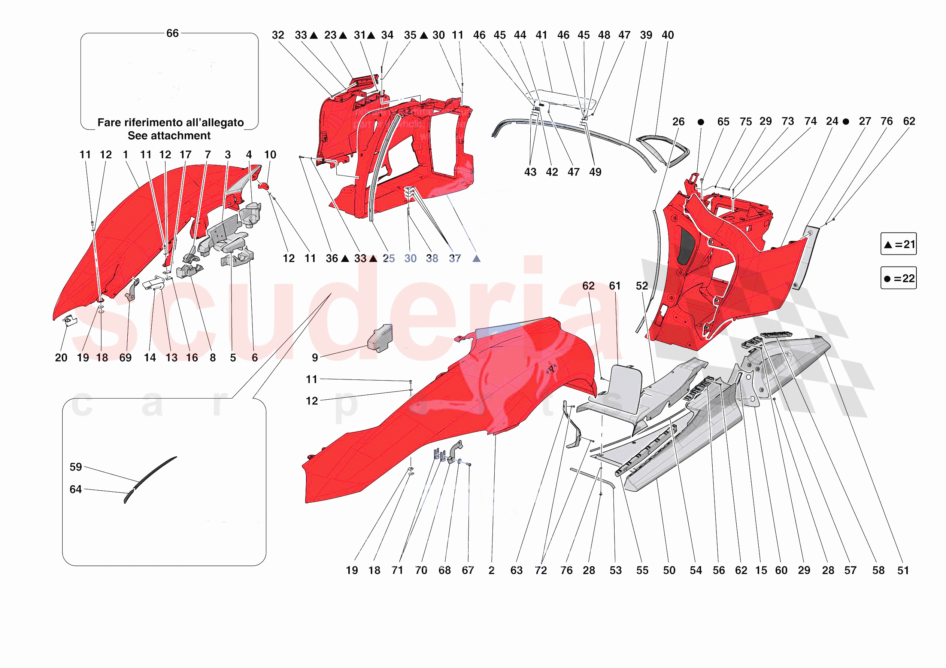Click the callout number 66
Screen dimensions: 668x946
coord(172,33)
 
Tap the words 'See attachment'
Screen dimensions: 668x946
coord(169,135)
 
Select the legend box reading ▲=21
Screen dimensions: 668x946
coord(898,244)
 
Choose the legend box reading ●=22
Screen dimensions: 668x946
coord(898,278)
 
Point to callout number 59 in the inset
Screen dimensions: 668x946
coord(75,467)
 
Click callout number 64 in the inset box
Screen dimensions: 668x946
coord(75,489)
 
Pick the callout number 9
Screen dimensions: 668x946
coord(315,357)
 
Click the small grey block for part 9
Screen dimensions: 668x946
coord(380,338)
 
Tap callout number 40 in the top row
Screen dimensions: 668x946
coord(667,35)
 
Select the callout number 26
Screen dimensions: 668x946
coord(678,122)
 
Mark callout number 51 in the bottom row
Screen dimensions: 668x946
coord(903,570)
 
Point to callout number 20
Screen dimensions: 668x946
coord(61,357)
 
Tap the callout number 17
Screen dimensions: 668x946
coord(185,155)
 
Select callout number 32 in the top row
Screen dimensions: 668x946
coord(278,35)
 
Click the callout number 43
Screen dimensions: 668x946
coord(530,172)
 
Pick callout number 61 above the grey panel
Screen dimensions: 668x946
coord(615,286)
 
